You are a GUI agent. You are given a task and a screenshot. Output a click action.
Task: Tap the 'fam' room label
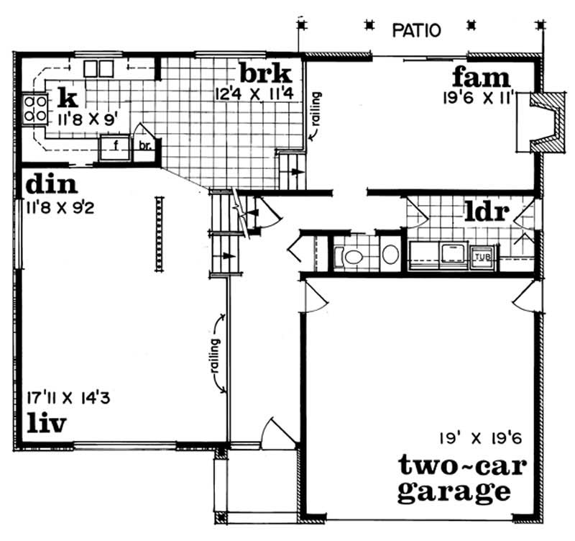(481, 77)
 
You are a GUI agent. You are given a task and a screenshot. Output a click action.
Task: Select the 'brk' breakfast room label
(265, 73)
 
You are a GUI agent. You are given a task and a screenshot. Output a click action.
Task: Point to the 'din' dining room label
(51, 185)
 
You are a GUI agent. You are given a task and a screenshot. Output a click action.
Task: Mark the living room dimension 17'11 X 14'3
(69, 396)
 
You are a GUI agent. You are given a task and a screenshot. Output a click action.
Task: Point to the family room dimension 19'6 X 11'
(477, 98)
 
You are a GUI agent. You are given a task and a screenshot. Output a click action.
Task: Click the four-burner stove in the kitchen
(33, 109)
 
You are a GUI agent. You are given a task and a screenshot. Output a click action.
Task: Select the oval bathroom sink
(390, 255)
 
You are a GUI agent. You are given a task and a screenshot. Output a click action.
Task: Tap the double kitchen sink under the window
(98, 69)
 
